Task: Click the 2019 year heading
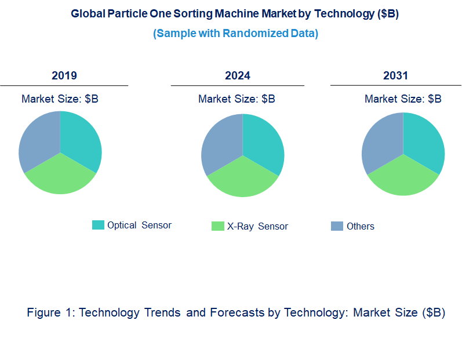click(x=64, y=75)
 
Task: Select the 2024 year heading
click(x=238, y=75)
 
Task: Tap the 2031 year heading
click(x=395, y=75)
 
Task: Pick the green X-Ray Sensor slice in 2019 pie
click(x=60, y=177)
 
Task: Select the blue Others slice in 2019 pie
click(x=38, y=139)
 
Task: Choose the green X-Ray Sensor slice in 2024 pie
click(x=243, y=180)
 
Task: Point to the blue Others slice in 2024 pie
click(x=221, y=142)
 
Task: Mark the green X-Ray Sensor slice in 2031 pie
click(x=403, y=179)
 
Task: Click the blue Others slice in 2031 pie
click(x=381, y=141)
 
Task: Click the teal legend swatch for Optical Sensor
click(x=98, y=225)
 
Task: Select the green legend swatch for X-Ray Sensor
click(x=217, y=226)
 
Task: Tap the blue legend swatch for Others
click(x=337, y=226)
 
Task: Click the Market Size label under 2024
click(x=237, y=99)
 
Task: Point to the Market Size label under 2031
click(x=403, y=99)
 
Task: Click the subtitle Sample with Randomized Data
click(x=235, y=33)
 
